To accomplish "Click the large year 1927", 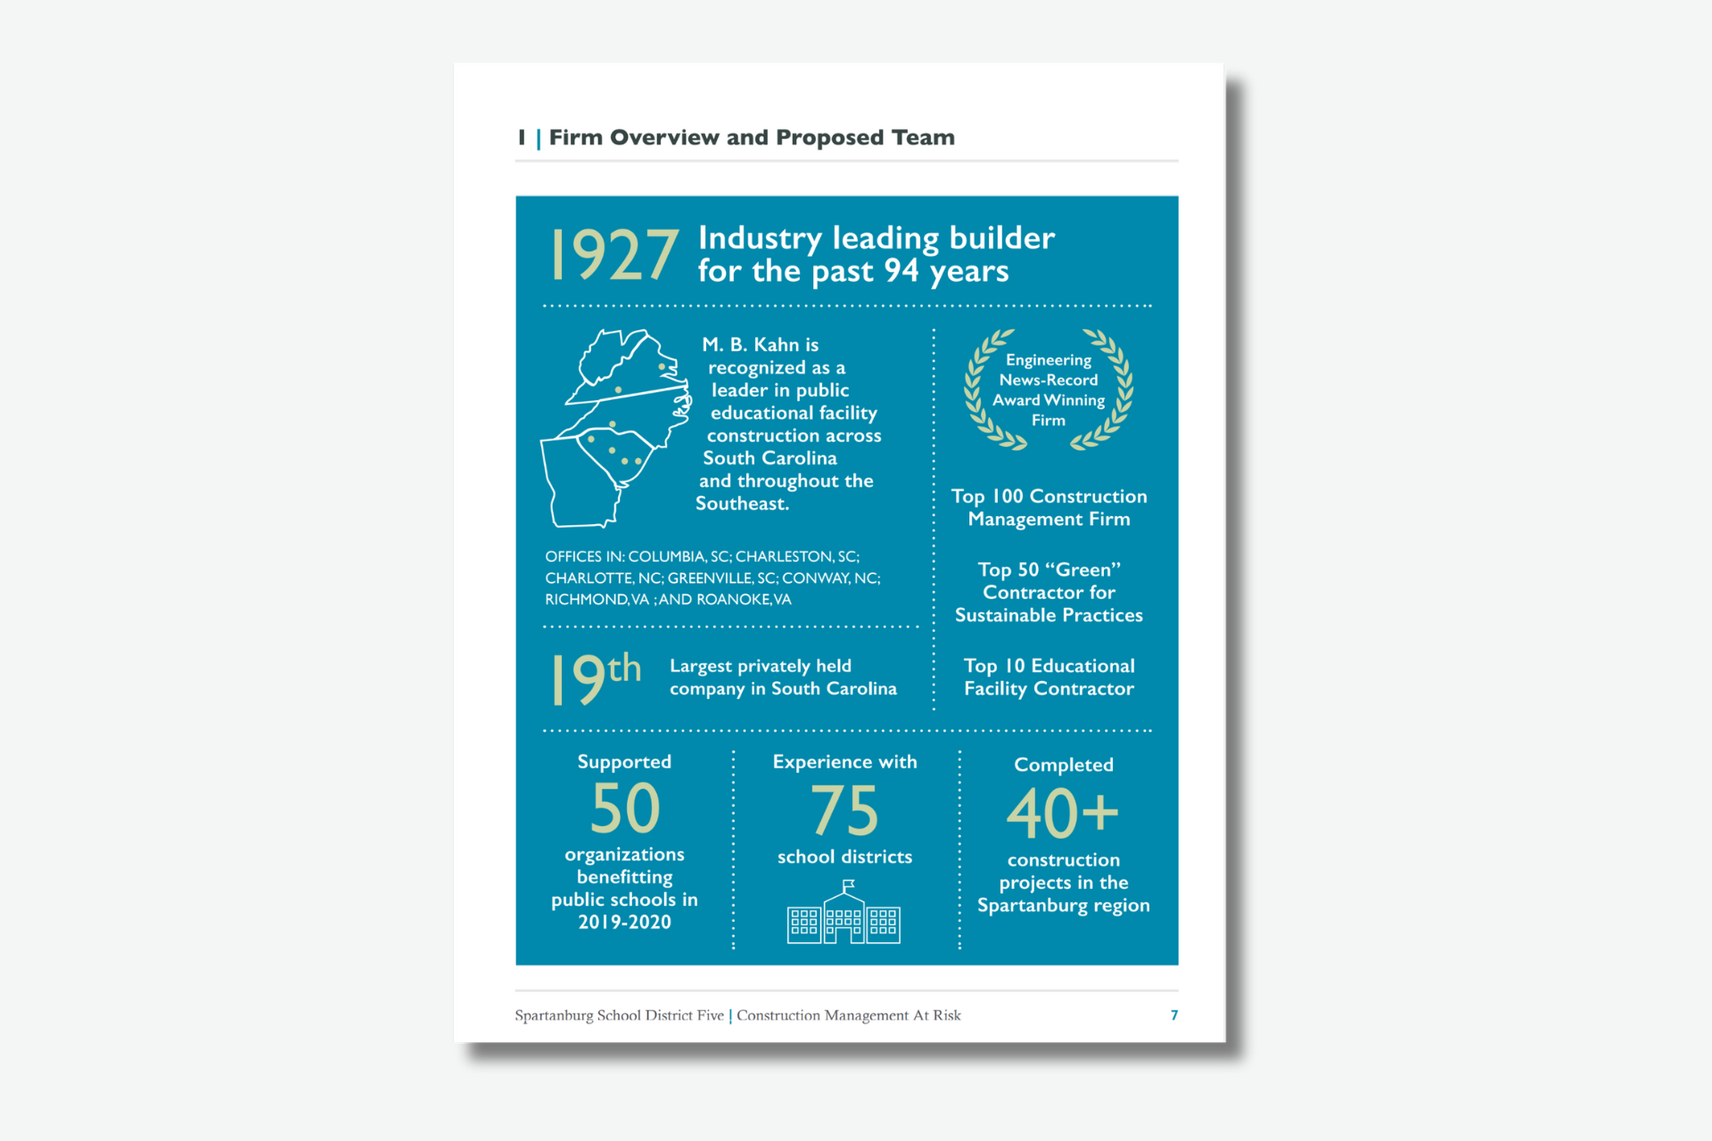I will coord(614,256).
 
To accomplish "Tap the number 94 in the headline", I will coord(901,270).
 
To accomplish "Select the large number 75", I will coord(844,810).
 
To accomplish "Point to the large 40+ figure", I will coord(1062,813).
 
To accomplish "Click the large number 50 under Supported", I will coord(625,808).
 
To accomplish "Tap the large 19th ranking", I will coord(596,677).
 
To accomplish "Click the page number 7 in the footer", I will coord(1174,1015).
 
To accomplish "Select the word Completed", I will coord(1064,765).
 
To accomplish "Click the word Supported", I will coord(624,762).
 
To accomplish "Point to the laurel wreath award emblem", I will coord(1049,390).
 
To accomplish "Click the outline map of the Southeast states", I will coord(615,428).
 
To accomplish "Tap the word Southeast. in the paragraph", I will coord(742,504).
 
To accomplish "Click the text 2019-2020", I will coord(624,923).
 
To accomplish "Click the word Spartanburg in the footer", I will coord(554,1015).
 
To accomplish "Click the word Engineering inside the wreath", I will coord(1049,360).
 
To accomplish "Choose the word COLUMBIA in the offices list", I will coord(666,557).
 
